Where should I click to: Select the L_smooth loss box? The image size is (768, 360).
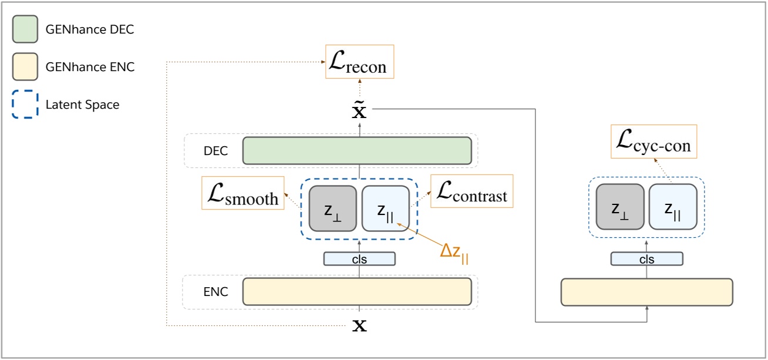(241, 192)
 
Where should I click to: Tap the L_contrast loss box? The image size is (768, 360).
(471, 190)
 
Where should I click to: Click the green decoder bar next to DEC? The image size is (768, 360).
(357, 151)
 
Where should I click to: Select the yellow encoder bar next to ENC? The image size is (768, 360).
(357, 291)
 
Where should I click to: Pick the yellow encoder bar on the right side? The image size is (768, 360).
(646, 292)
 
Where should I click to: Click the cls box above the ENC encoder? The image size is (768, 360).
(359, 258)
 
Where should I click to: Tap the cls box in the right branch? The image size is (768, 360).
(646, 259)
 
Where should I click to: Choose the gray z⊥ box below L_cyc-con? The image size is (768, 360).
(619, 207)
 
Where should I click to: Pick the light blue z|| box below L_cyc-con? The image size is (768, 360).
(672, 207)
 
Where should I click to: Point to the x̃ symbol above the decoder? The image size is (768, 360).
(359, 110)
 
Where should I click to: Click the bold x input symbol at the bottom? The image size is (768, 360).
(359, 325)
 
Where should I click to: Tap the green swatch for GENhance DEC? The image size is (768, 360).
(25, 29)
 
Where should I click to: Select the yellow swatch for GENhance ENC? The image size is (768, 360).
(25, 67)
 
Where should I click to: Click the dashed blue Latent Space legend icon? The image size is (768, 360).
(25, 105)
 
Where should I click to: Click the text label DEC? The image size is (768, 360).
(215, 152)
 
